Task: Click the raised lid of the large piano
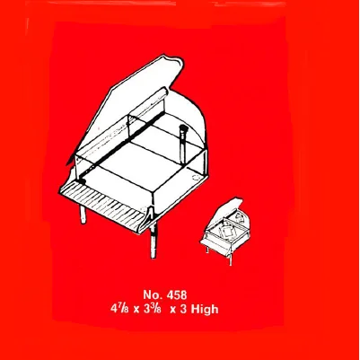128,105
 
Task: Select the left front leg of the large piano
83,214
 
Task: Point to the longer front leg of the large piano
154,240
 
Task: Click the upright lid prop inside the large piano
182,145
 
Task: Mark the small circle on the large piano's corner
195,177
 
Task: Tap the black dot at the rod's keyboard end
81,180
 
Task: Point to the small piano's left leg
207,250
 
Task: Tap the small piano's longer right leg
230,259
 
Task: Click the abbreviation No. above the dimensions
153,294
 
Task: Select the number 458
177,294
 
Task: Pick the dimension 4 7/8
119,309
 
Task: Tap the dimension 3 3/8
153,309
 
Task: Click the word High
205,309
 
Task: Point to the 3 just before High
183,309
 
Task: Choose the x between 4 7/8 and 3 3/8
136,310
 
